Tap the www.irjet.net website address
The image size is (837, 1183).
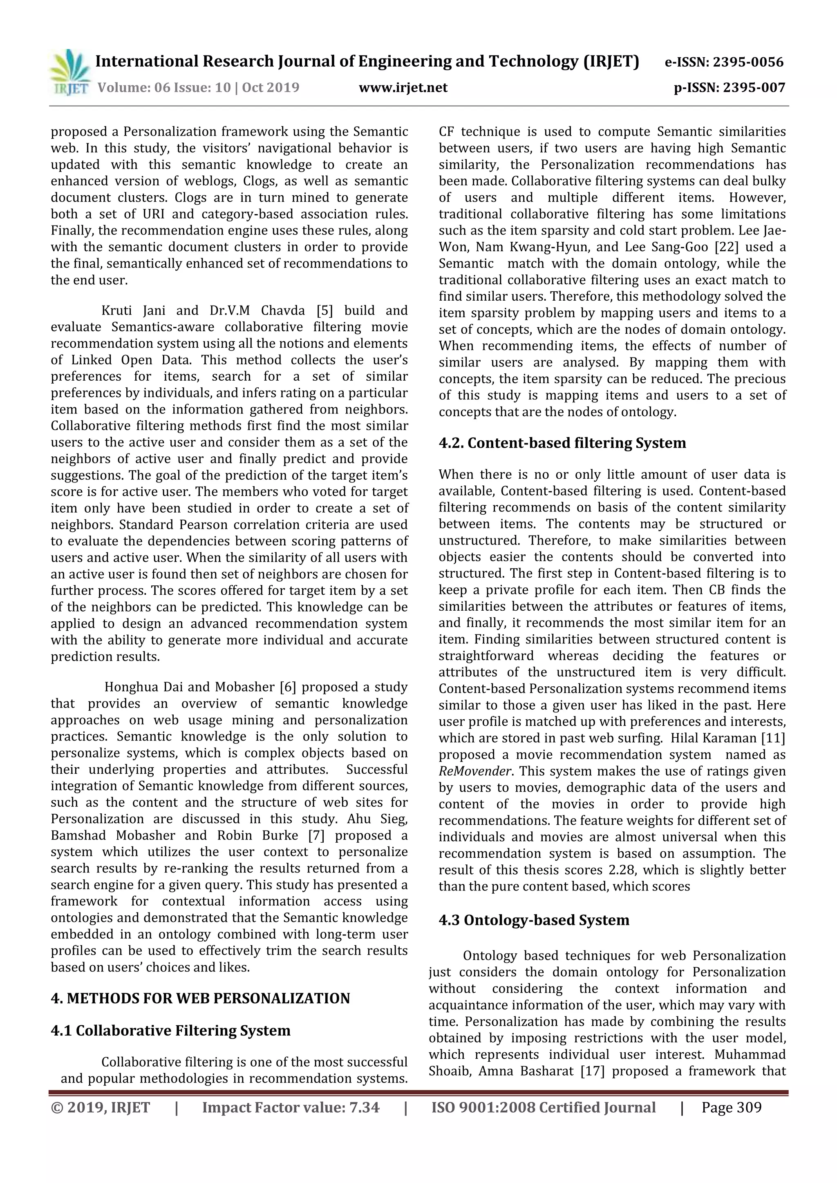pyautogui.click(x=403, y=87)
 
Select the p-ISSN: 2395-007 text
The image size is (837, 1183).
pyautogui.click(x=729, y=87)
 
